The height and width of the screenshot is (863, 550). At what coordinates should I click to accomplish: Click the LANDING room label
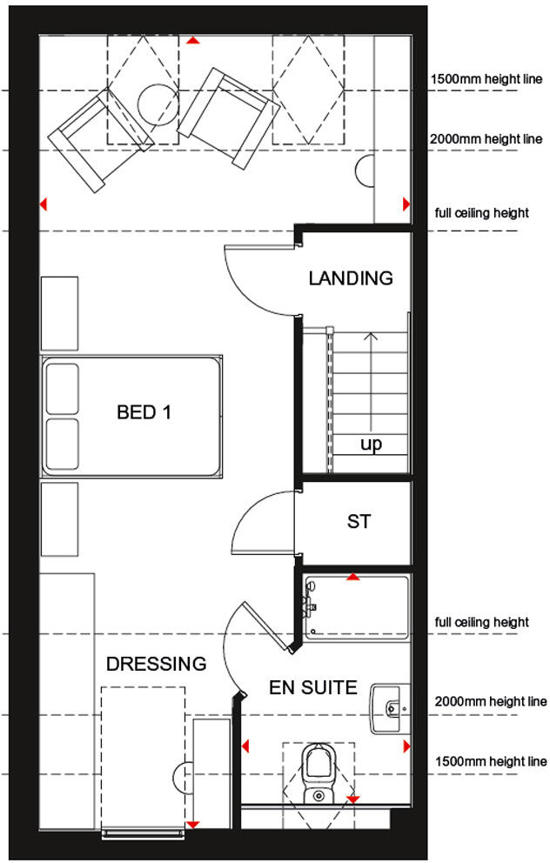tap(351, 278)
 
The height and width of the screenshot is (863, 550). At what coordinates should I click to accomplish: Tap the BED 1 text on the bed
tap(144, 412)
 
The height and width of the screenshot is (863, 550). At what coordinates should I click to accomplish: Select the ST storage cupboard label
tap(359, 522)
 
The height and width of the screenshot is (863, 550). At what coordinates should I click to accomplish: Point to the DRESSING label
tap(156, 665)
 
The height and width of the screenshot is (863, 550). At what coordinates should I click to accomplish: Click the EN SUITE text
tap(312, 688)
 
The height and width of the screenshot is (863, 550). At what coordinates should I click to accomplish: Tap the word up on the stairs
tap(371, 445)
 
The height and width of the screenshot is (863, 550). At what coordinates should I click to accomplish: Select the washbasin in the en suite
tap(389, 706)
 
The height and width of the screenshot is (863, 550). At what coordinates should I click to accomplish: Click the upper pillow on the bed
tap(62, 389)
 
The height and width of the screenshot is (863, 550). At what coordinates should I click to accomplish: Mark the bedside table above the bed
tap(59, 311)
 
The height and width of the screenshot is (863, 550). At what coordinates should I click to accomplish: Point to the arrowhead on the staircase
tap(371, 338)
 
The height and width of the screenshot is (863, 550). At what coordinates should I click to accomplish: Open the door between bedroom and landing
tap(258, 278)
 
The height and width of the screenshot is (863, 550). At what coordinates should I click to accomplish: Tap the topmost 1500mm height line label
tap(486, 81)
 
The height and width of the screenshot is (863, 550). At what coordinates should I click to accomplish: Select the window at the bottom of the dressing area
tap(144, 833)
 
